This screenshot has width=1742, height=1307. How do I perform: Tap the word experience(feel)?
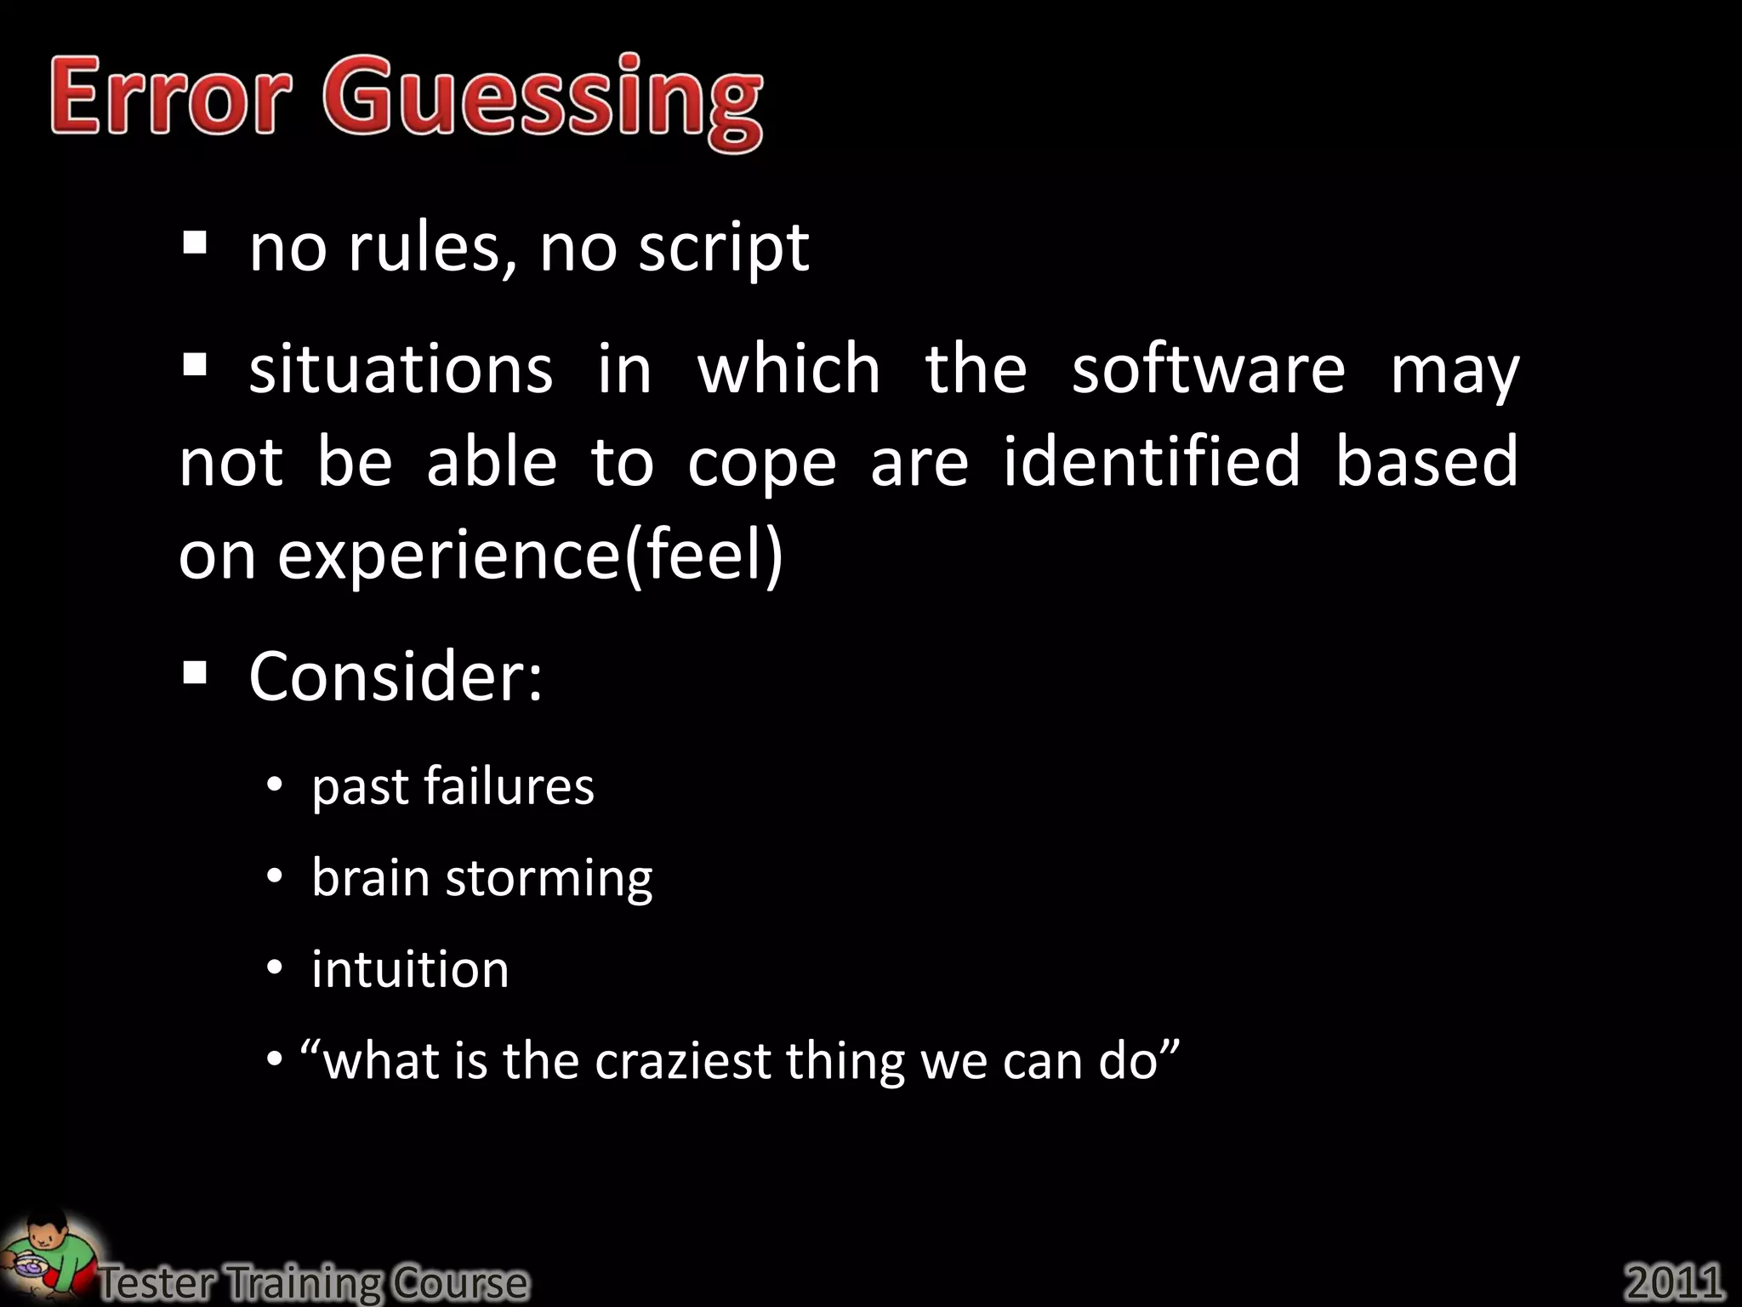(x=529, y=555)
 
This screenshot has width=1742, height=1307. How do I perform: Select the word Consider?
(x=396, y=676)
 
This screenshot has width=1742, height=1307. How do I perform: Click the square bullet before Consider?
(x=195, y=674)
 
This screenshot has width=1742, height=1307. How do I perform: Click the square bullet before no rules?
(x=195, y=245)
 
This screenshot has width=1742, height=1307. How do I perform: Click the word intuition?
(x=410, y=969)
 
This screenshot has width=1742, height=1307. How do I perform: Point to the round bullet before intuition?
(x=274, y=968)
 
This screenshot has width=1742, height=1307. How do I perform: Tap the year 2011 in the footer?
(x=1674, y=1281)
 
